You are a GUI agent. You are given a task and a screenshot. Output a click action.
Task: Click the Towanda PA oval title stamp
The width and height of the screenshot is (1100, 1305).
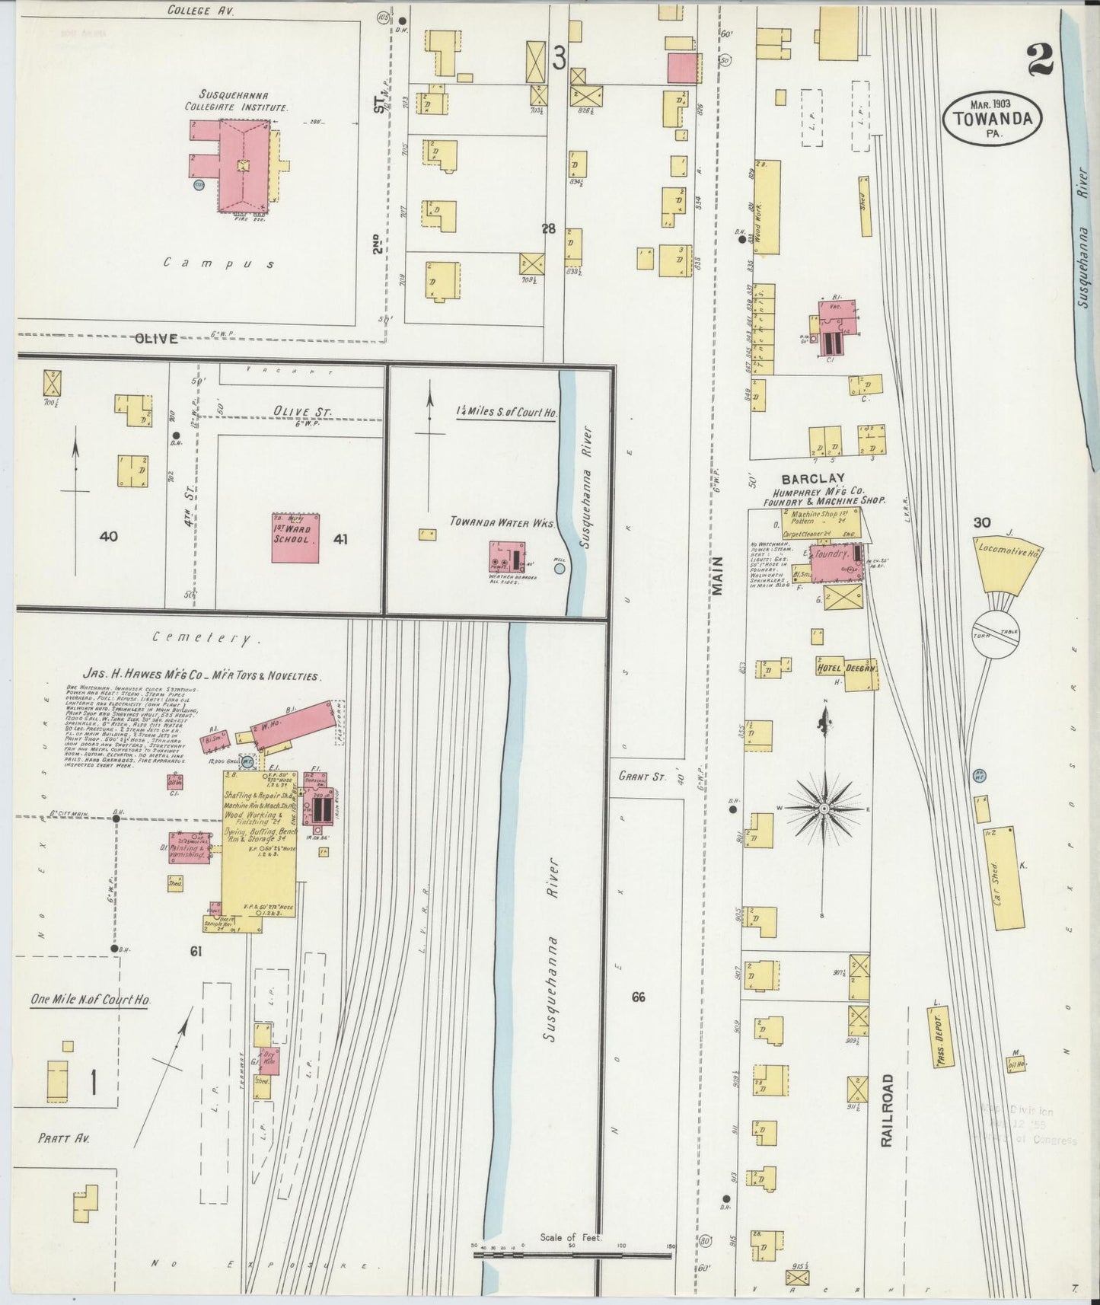click(992, 118)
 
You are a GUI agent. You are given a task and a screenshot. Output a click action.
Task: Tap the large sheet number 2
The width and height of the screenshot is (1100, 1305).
click(1039, 61)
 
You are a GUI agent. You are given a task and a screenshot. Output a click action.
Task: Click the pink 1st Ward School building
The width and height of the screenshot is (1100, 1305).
click(295, 538)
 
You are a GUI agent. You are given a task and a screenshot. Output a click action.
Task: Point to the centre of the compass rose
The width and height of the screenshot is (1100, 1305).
click(824, 806)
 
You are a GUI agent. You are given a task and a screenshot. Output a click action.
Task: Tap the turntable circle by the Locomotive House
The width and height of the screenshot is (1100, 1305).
click(996, 633)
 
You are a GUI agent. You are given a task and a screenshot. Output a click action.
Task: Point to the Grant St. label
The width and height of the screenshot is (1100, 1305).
click(642, 776)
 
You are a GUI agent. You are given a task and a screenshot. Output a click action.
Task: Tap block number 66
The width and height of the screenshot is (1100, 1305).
click(638, 997)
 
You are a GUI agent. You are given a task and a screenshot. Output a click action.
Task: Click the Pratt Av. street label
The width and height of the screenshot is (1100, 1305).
click(64, 1138)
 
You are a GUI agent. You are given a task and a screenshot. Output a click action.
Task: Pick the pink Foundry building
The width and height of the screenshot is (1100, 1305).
click(835, 563)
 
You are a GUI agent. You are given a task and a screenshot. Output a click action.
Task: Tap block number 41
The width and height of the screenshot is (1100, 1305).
click(340, 539)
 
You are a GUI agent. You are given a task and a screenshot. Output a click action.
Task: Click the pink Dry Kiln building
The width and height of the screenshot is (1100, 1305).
click(269, 1061)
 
